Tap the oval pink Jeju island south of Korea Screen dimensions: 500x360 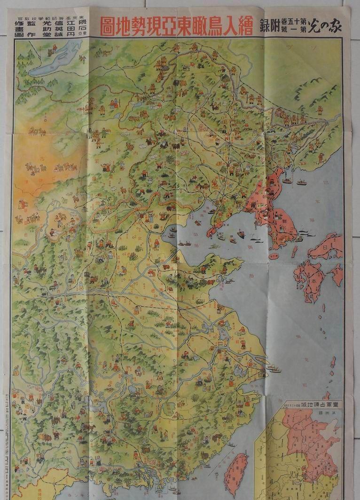click(x=274, y=256)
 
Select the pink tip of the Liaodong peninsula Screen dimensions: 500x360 click(x=214, y=230)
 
